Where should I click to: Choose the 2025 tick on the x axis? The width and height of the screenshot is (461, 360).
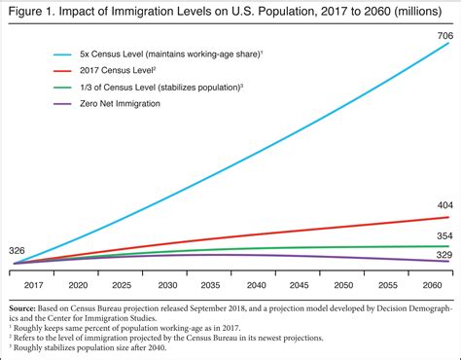[124, 285]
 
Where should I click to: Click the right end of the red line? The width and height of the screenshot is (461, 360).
[449, 217]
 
